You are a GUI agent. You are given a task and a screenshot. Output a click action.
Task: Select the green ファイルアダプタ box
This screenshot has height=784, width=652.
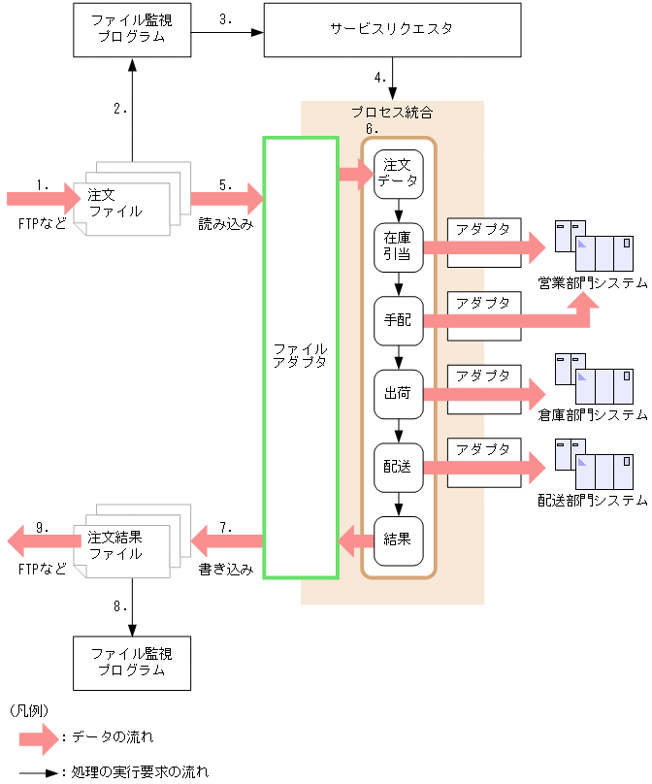coord(301,357)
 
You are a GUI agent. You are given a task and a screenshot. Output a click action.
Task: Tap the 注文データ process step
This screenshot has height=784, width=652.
coord(399,174)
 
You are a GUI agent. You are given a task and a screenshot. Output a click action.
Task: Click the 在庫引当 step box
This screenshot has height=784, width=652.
coord(399,246)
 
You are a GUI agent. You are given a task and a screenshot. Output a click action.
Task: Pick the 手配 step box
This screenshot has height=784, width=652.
coord(399,320)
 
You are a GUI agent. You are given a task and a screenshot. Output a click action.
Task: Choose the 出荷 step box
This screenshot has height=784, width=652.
coord(399,393)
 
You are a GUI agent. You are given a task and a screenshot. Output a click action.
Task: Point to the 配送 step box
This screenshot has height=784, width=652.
coord(399,466)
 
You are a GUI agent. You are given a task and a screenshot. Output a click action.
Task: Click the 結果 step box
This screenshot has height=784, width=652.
coord(399,539)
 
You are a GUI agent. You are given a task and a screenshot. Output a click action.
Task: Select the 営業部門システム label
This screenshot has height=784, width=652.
coord(593,283)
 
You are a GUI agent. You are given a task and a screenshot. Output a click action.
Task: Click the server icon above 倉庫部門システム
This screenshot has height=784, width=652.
coord(593,379)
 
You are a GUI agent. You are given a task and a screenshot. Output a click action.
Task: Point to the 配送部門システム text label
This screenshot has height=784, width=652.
coord(593,501)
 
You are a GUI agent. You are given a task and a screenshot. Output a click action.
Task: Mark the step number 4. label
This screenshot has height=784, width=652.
coord(379,78)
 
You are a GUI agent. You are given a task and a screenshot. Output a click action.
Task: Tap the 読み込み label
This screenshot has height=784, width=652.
coord(226,224)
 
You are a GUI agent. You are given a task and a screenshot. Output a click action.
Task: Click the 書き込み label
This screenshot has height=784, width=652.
coord(226,570)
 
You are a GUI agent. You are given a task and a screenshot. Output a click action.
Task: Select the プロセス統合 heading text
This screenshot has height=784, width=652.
coord(392,113)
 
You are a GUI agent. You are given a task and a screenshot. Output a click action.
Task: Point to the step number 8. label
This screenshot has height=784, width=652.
coord(120,606)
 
